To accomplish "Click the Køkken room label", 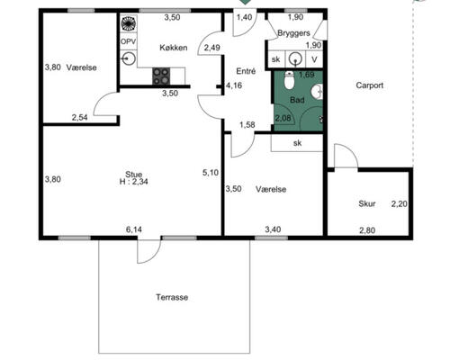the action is tap(174, 48).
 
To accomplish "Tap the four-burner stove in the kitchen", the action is tap(161, 76).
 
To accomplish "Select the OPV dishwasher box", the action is tap(129, 41).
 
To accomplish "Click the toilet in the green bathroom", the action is tap(289, 80).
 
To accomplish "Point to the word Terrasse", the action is tap(172, 297).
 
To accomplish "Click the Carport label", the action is tap(370, 85).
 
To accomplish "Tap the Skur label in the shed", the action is tap(367, 203).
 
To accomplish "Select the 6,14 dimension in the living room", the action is tap(134, 229).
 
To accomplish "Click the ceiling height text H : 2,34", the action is tap(133, 182).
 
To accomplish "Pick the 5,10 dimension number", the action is tap(211, 173).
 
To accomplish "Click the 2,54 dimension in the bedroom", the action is tap(79, 117).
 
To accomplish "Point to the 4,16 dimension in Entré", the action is tap(234, 85).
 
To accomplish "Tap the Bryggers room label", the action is tap(293, 33).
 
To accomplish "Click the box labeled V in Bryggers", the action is tap(314, 59).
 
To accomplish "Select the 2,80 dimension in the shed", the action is tap(367, 230).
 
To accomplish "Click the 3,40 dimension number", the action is tap(273, 229).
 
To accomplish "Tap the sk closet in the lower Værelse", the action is tap(297, 143).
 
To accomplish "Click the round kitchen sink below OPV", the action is tap(129, 58).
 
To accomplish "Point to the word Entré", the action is tap(246, 71).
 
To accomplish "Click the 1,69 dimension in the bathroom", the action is tap(307, 75).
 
